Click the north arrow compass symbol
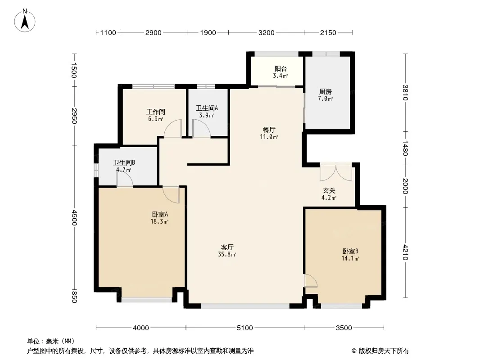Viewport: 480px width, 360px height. point(25,21)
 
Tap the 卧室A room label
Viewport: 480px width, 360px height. point(160,214)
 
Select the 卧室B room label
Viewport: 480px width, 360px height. point(350,252)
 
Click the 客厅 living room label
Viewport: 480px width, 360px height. point(227,247)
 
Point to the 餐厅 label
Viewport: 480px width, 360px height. point(269,130)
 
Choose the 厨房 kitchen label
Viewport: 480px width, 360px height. point(326,91)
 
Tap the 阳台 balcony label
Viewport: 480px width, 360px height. point(281,68)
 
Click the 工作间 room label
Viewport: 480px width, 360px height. point(155,112)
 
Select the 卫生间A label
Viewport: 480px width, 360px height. point(207,108)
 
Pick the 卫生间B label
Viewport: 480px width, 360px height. point(124,162)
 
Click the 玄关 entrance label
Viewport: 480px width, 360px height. point(329,190)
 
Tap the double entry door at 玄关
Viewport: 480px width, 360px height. point(336,173)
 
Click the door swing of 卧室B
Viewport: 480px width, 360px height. point(311,281)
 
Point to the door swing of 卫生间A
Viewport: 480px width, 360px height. point(201,128)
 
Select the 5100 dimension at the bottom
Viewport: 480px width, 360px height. point(245,328)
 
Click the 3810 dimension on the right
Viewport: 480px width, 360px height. point(405,92)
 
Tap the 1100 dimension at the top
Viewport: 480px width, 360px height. point(108,33)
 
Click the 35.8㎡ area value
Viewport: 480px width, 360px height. point(227,254)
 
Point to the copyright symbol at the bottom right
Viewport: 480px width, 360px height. point(354,351)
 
